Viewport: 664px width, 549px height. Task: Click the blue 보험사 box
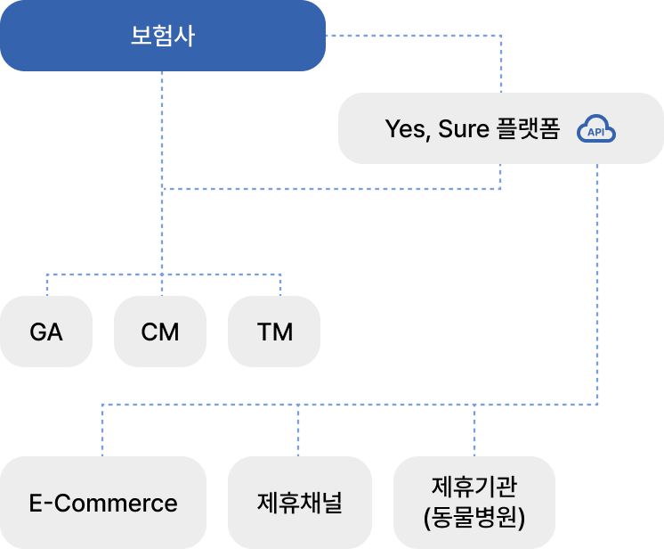[162, 36]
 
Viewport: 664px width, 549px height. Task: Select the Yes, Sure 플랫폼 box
[500, 129]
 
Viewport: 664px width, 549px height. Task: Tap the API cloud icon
[596, 130]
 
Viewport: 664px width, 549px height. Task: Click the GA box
[46, 332]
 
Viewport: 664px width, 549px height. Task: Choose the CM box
[160, 332]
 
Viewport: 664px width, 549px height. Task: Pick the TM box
[274, 332]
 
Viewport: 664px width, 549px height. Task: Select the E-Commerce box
[103, 503]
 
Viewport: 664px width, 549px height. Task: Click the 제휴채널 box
[299, 503]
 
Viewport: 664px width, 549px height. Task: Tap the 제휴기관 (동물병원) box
[474, 503]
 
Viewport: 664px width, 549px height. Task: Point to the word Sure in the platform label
[462, 129]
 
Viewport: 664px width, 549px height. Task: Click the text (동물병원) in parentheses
[474, 517]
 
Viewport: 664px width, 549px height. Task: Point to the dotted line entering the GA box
[46, 285]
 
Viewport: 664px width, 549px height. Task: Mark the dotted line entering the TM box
[280, 285]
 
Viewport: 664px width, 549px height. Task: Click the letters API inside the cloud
[596, 132]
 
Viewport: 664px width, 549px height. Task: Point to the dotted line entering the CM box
[162, 285]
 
